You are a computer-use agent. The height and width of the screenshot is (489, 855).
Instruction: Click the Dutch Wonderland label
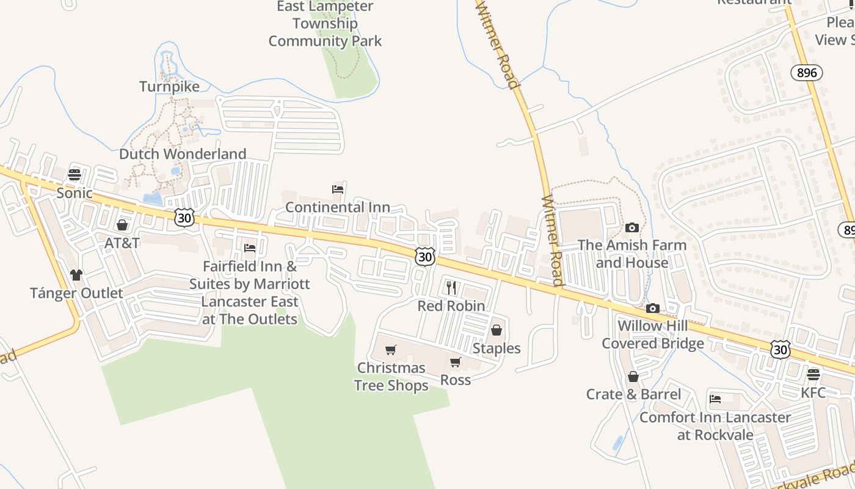183,154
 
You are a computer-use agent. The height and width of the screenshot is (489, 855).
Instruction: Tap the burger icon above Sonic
75,175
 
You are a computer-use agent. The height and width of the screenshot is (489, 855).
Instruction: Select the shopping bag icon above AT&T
122,225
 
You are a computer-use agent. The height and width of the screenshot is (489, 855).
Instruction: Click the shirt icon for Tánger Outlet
76,275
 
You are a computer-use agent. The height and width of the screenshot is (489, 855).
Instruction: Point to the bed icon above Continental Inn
338,189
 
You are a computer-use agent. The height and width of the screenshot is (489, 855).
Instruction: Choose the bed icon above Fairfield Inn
249,248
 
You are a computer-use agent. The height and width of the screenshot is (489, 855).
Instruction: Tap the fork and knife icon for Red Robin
451,288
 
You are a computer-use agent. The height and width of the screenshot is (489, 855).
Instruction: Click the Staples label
497,348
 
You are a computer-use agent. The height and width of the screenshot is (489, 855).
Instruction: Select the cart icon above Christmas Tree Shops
391,350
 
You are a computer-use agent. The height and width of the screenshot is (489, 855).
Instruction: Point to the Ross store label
456,380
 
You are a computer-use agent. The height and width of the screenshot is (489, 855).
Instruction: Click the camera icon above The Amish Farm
632,228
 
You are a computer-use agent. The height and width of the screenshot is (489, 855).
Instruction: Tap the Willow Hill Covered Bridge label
653,334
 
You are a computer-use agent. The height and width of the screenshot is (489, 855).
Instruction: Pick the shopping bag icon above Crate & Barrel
633,377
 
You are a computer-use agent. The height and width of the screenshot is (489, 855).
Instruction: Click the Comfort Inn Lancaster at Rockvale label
715,426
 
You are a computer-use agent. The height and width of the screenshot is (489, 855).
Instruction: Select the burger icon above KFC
813,374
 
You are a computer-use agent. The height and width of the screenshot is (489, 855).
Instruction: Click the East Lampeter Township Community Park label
325,24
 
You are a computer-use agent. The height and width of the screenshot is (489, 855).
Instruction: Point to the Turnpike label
169,87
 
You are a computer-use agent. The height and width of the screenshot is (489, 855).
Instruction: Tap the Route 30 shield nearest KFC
780,349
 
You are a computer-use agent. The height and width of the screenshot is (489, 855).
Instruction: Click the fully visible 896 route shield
807,73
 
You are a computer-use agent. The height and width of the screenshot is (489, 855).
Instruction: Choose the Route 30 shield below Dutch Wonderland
184,218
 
